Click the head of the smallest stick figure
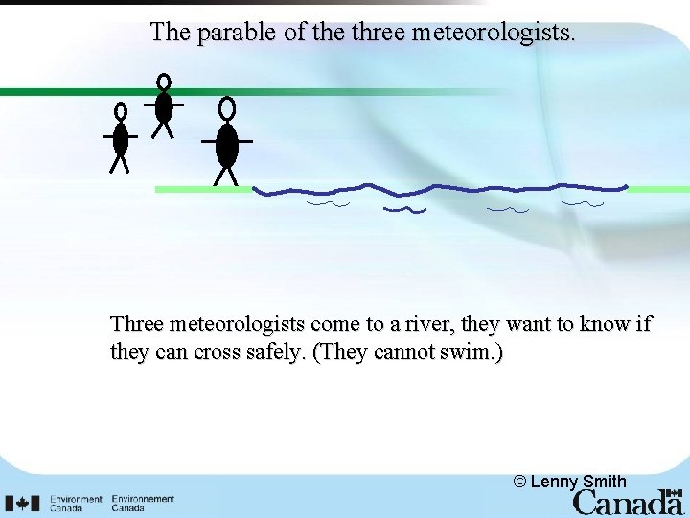pos(121,112)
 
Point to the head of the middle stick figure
pos(164,82)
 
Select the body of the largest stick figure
pos(227,145)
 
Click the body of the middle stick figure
pos(164,106)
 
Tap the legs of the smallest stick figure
pos(120,164)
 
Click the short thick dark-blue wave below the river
pos(404,208)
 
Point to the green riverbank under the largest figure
pos(203,190)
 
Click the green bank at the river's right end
pos(658,189)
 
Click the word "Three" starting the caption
pos(137,324)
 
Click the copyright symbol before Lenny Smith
pos(519,482)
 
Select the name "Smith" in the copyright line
pos(604,482)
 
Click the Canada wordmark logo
pos(628,502)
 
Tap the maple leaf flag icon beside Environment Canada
pos(22,503)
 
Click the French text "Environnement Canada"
pos(143,503)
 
